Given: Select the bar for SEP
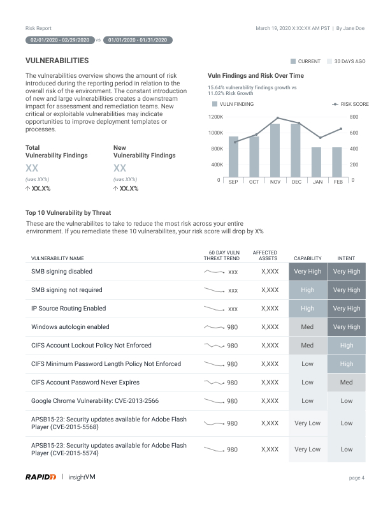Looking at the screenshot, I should click(233, 156).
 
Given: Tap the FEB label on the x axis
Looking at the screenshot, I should click(338, 182).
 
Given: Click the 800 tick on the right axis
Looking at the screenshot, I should click(354, 117).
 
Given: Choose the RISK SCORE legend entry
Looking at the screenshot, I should click(351, 104).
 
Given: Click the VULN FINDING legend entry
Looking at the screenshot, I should click(233, 104).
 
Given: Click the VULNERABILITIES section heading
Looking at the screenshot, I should click(57, 61).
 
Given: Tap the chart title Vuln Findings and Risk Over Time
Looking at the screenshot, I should click(251, 75).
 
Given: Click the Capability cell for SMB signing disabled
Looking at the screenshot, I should click(307, 272).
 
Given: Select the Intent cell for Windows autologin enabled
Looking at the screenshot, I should click(347, 327).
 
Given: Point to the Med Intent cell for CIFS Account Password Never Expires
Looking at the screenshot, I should click(347, 383).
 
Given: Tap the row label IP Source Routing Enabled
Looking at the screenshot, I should click(69, 309).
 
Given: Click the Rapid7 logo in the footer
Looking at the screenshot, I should click(41, 476).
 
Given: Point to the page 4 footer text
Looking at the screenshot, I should click(357, 478).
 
